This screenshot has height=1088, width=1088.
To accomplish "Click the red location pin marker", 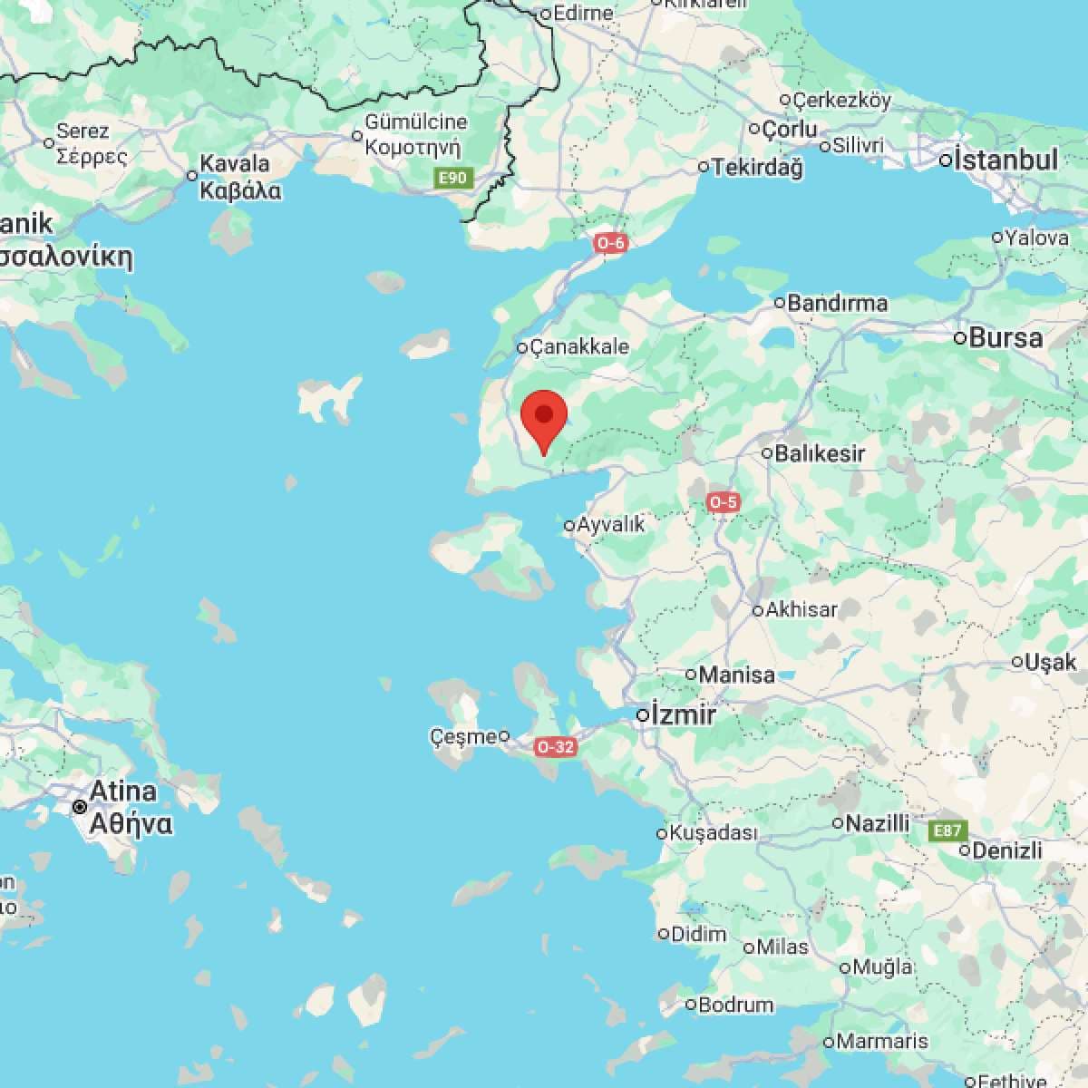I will [544, 419].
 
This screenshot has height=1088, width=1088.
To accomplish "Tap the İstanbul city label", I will [1005, 160].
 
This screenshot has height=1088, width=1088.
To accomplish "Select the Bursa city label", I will [1005, 338].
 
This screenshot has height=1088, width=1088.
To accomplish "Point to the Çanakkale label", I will [578, 346].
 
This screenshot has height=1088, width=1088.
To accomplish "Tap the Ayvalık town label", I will [611, 524].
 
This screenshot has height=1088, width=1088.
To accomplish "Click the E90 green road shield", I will [452, 178].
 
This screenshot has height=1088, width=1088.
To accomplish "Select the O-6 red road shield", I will [611, 243].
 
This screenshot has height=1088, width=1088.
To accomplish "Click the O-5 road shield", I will [724, 501].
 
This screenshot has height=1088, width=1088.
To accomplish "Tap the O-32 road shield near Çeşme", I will [556, 747].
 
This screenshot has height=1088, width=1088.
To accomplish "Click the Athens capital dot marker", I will [81, 806].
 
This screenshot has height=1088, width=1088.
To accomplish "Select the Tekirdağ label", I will [757, 167].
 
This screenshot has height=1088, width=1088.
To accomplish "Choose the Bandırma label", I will [837, 303].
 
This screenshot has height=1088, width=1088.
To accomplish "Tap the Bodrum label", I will [735, 1005].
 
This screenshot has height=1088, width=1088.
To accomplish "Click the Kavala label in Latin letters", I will [234, 164].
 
